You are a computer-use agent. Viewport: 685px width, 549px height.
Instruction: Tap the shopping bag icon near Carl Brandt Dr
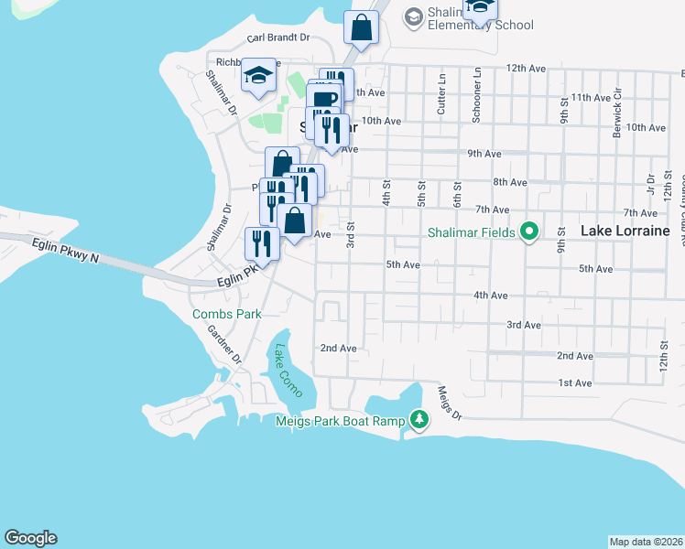coord(361,28)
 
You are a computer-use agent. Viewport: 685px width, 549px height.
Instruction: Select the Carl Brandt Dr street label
coord(278,39)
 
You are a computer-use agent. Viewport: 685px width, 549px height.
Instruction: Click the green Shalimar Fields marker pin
coord(528,232)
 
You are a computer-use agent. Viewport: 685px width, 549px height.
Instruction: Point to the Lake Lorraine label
coord(625,231)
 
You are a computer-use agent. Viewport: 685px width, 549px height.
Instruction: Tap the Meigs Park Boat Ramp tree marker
coord(419,420)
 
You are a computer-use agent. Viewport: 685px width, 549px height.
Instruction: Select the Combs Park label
coord(226,314)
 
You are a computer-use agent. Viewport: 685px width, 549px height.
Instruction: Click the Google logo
coord(30,538)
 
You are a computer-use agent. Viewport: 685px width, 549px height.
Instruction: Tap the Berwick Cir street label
coord(618,107)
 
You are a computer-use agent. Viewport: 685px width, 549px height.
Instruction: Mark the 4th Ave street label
coord(490,296)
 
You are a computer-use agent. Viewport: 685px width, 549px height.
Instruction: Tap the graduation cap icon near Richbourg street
coord(259,76)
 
